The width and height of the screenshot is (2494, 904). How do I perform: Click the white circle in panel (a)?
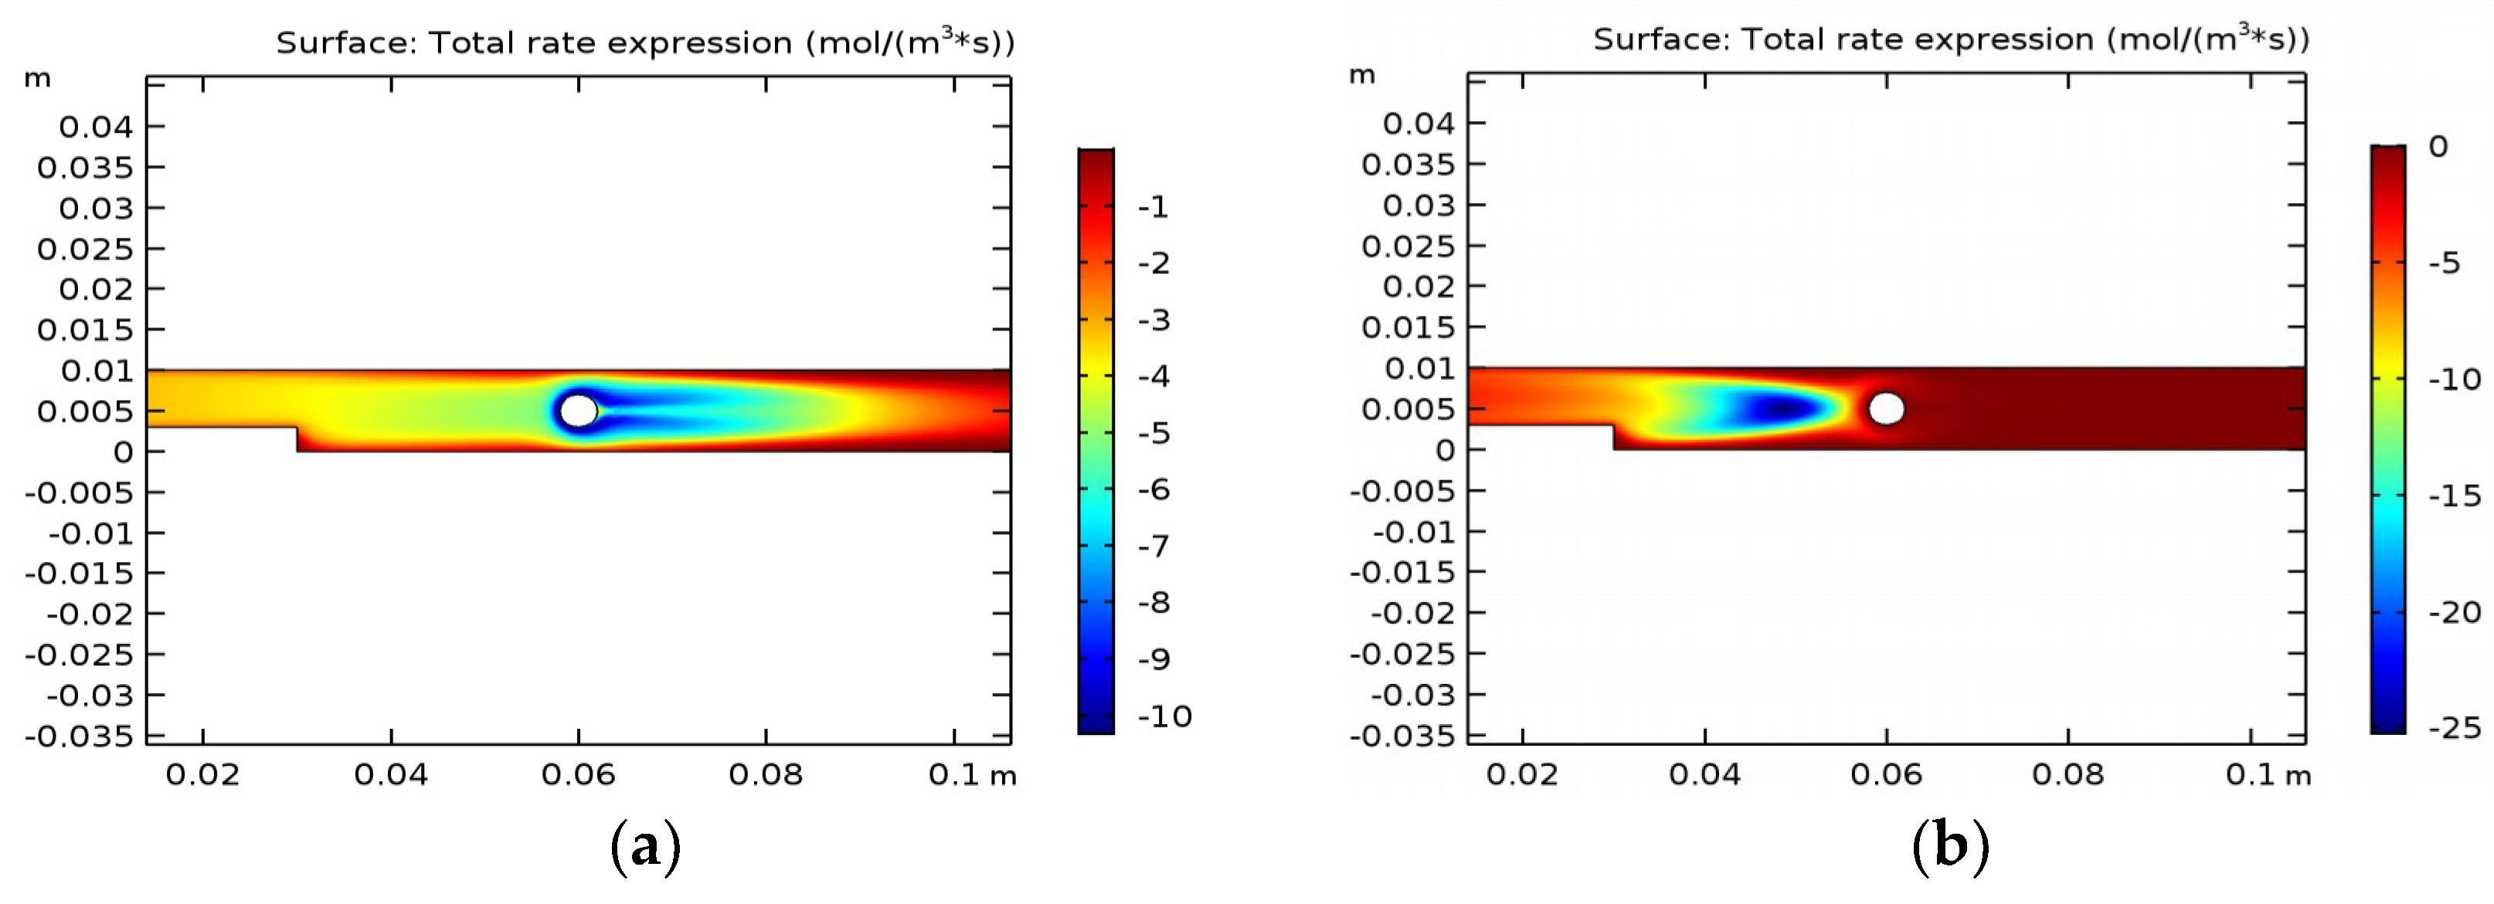tap(579, 411)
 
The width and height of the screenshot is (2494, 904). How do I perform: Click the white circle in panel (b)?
tap(1886, 408)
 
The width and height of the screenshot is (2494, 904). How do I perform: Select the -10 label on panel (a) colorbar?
tap(1164, 716)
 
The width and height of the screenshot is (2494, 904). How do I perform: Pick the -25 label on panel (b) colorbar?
tap(2455, 727)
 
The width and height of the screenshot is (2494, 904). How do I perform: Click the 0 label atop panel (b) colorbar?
tap(2438, 147)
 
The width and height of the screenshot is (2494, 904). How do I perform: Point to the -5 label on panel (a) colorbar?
tap(1154, 432)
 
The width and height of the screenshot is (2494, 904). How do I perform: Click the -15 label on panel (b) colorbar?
tap(2455, 496)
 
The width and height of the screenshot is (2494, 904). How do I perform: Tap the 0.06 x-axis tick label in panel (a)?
tap(578, 774)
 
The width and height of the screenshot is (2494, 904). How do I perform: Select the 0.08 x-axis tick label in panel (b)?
tap(2068, 774)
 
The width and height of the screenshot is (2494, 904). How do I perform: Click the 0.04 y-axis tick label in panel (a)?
tap(96, 126)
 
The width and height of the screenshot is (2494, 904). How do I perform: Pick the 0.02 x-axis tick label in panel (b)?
tap(1522, 774)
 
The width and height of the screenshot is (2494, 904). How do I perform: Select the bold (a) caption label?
tap(646, 847)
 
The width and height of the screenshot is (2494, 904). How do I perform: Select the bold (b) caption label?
tap(1950, 845)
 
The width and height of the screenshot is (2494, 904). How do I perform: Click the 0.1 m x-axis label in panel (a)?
tap(971, 774)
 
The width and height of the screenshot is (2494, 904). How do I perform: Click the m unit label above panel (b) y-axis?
tap(1361, 76)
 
